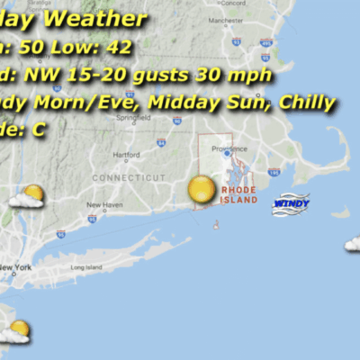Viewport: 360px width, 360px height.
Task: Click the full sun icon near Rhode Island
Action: click(202, 190)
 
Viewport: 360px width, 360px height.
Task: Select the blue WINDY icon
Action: click(291, 203)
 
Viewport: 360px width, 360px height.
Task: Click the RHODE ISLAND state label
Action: click(239, 195)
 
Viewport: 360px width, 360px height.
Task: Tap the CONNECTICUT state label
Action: click(129, 178)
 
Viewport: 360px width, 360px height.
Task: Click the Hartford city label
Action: click(127, 155)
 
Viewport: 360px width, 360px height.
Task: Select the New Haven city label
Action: click(104, 205)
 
